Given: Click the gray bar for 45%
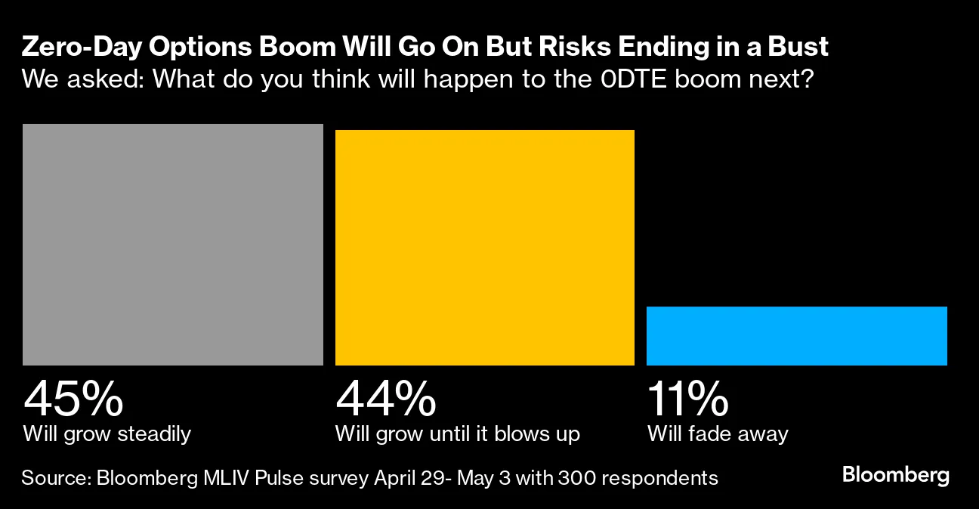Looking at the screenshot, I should pyautogui.click(x=173, y=245).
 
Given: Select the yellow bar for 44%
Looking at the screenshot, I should pyautogui.click(x=484, y=248).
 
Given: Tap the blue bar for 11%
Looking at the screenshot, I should pyautogui.click(x=796, y=336).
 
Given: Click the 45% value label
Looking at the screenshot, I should pyautogui.click(x=73, y=399).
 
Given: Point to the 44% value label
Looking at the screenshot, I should pyautogui.click(x=385, y=399).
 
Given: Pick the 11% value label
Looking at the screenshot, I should pyautogui.click(x=687, y=399).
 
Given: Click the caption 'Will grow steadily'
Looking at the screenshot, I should pyautogui.click(x=107, y=434).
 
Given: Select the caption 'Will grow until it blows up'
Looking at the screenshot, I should pyautogui.click(x=458, y=434).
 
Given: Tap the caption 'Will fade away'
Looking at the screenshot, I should pyautogui.click(x=717, y=434).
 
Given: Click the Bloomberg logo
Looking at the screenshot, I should pyautogui.click(x=895, y=476).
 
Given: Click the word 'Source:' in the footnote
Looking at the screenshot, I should pyautogui.click(x=56, y=478).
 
